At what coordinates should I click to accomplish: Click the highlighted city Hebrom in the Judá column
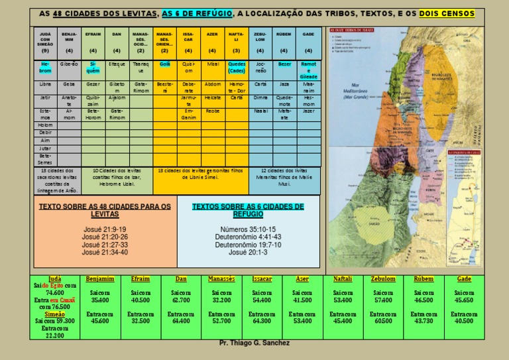45,67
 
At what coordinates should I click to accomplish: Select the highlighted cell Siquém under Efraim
93,67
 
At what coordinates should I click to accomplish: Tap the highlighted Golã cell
164,64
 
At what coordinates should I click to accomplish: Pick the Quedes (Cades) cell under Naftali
237,67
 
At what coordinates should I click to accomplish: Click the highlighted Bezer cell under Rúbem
284,64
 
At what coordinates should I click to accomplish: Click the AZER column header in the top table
212,33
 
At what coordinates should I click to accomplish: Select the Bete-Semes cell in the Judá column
45,158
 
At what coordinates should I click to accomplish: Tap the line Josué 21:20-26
105,237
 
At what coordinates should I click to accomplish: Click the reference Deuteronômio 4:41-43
248,237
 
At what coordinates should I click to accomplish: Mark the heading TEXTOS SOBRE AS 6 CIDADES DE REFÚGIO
248,210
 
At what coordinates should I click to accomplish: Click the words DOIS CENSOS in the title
451,13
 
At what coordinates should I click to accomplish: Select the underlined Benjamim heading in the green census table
100,279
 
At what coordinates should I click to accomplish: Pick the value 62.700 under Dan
181,300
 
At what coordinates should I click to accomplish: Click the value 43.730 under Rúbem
424,321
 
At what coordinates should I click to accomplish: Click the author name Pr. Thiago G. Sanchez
254,343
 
